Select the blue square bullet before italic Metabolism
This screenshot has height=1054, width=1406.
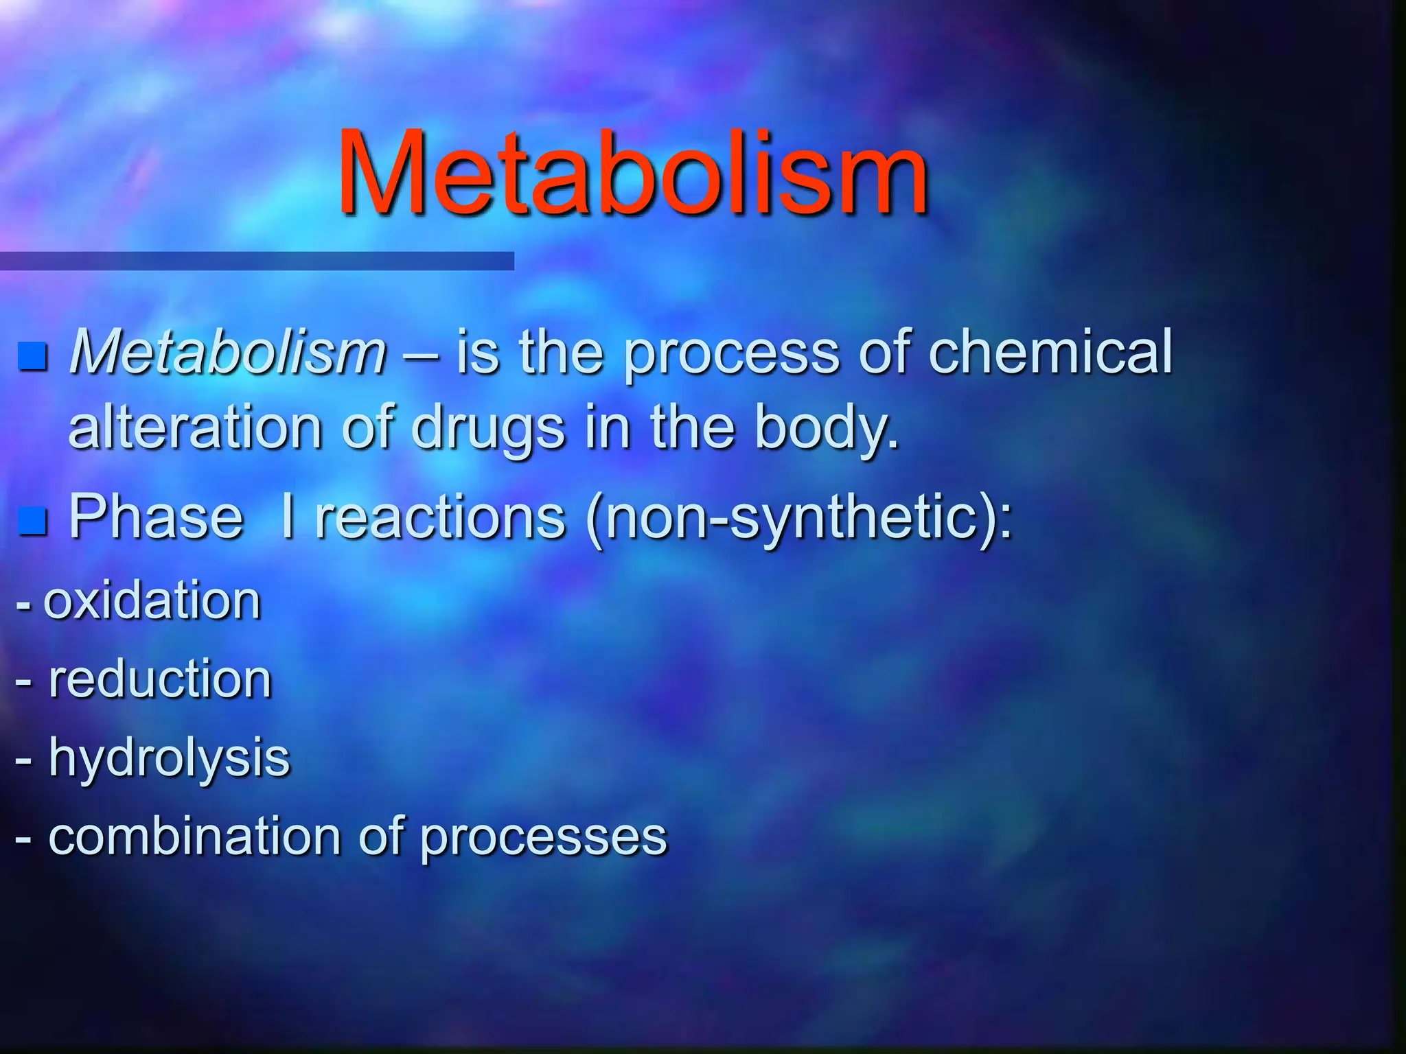(x=32, y=356)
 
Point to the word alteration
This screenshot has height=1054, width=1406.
(x=196, y=427)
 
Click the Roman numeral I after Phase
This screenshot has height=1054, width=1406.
(x=288, y=516)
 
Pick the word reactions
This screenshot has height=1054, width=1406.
(x=440, y=516)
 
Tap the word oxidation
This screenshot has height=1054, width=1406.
(x=152, y=600)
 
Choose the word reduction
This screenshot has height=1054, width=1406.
(x=160, y=679)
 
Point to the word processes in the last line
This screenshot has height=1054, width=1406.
(x=543, y=839)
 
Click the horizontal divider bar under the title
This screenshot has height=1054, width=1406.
(x=257, y=261)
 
